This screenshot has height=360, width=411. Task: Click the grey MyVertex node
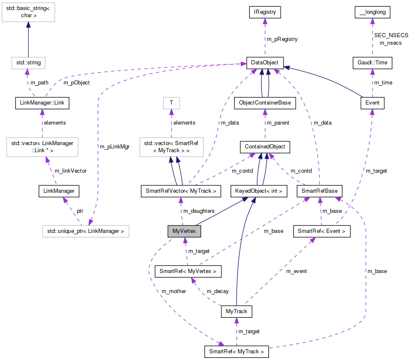click(x=184, y=231)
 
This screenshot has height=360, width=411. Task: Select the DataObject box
click(x=265, y=63)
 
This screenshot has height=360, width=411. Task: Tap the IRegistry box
click(x=264, y=12)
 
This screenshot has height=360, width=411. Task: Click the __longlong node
click(x=372, y=13)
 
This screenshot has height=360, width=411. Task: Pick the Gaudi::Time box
click(x=372, y=63)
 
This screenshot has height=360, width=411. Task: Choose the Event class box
click(x=372, y=102)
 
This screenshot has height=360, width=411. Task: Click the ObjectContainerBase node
click(x=264, y=102)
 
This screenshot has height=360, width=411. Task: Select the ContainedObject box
click(x=264, y=147)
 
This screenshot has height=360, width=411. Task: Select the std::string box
click(x=28, y=63)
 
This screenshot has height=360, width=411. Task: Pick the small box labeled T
click(x=170, y=102)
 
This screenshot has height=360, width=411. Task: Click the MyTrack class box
click(x=236, y=311)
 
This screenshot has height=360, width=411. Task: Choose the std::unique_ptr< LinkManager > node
click(x=86, y=231)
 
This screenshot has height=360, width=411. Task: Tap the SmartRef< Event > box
click(x=322, y=231)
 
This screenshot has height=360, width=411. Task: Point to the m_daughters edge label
click(x=199, y=211)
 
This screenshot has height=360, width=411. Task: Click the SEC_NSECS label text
click(x=391, y=36)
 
